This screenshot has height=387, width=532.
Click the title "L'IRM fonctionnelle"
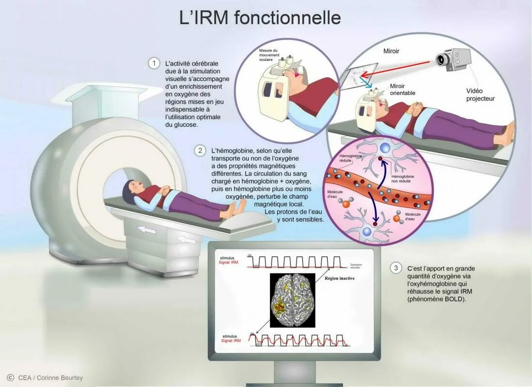(260, 18)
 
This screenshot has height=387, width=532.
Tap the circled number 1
(154, 63)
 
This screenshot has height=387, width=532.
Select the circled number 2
(200, 150)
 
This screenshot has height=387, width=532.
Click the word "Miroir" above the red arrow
(391, 51)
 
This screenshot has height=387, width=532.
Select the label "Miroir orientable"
(403, 89)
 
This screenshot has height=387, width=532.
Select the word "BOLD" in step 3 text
(451, 299)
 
